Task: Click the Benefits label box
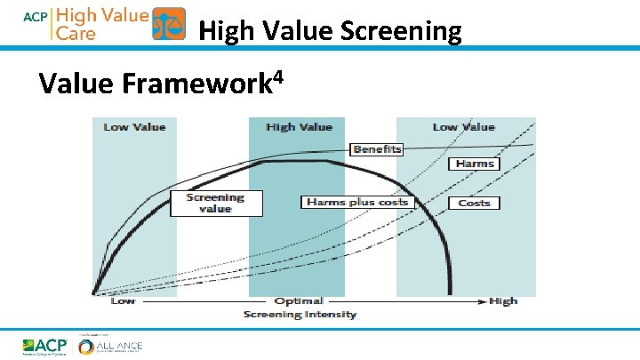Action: (x=378, y=149)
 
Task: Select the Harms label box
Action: (x=475, y=164)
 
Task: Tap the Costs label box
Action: (x=475, y=203)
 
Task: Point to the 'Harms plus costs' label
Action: (x=357, y=202)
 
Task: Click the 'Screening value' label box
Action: (x=216, y=203)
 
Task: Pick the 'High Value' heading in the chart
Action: (x=299, y=127)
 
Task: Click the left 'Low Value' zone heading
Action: (x=135, y=127)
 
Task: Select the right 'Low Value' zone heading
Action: (x=463, y=127)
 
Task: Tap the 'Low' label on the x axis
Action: (x=123, y=301)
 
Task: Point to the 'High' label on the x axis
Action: (x=503, y=301)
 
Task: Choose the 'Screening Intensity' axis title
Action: (x=300, y=314)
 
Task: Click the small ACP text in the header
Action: (x=34, y=15)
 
